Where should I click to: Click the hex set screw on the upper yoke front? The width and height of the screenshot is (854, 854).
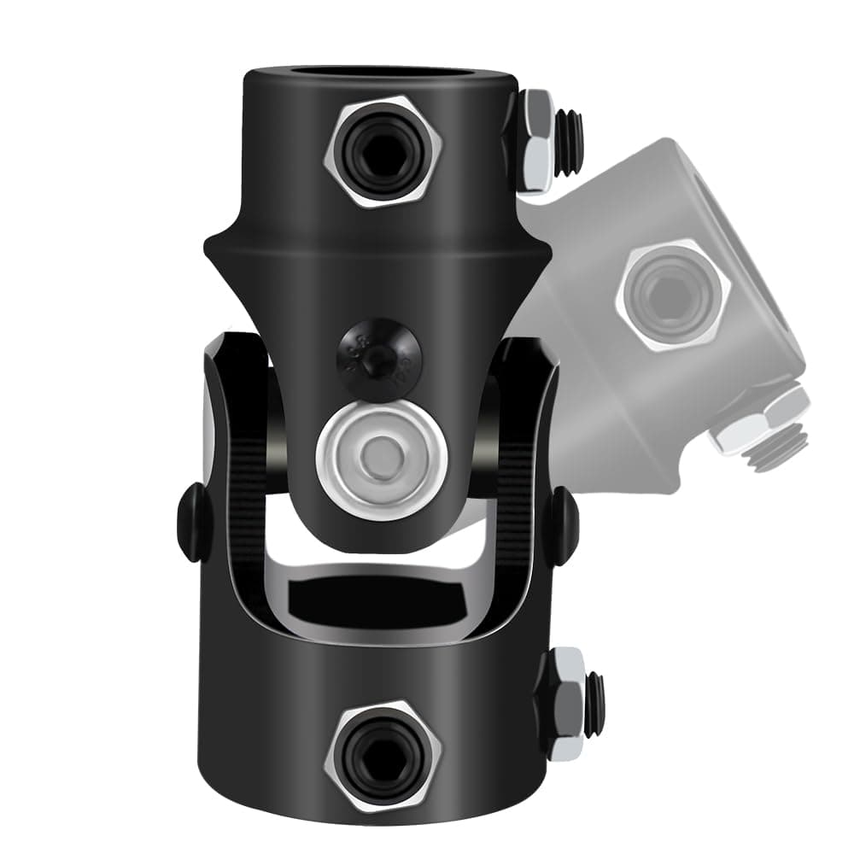(x=383, y=153)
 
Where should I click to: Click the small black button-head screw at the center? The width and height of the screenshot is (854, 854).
(x=377, y=354)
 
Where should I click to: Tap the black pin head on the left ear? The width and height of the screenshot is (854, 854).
(x=190, y=522)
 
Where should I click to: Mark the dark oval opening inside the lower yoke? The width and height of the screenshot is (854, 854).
(x=383, y=604)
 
